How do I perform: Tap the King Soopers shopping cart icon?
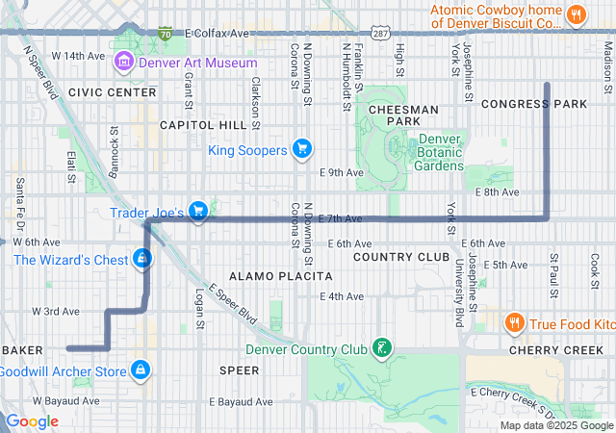(x=301, y=149)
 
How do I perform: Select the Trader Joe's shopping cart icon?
(x=198, y=211)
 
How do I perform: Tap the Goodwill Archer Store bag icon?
(x=141, y=369)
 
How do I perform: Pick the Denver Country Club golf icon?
(x=382, y=347)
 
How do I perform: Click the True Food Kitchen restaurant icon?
(x=515, y=323)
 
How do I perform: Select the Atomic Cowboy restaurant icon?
(x=577, y=13)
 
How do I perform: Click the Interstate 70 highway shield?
(x=166, y=34)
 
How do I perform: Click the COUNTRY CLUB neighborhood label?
(x=401, y=257)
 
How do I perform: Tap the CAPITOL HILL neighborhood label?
(x=203, y=125)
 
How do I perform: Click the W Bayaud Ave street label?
(x=66, y=400)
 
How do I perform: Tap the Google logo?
(x=33, y=421)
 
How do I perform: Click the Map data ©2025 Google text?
(x=555, y=425)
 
